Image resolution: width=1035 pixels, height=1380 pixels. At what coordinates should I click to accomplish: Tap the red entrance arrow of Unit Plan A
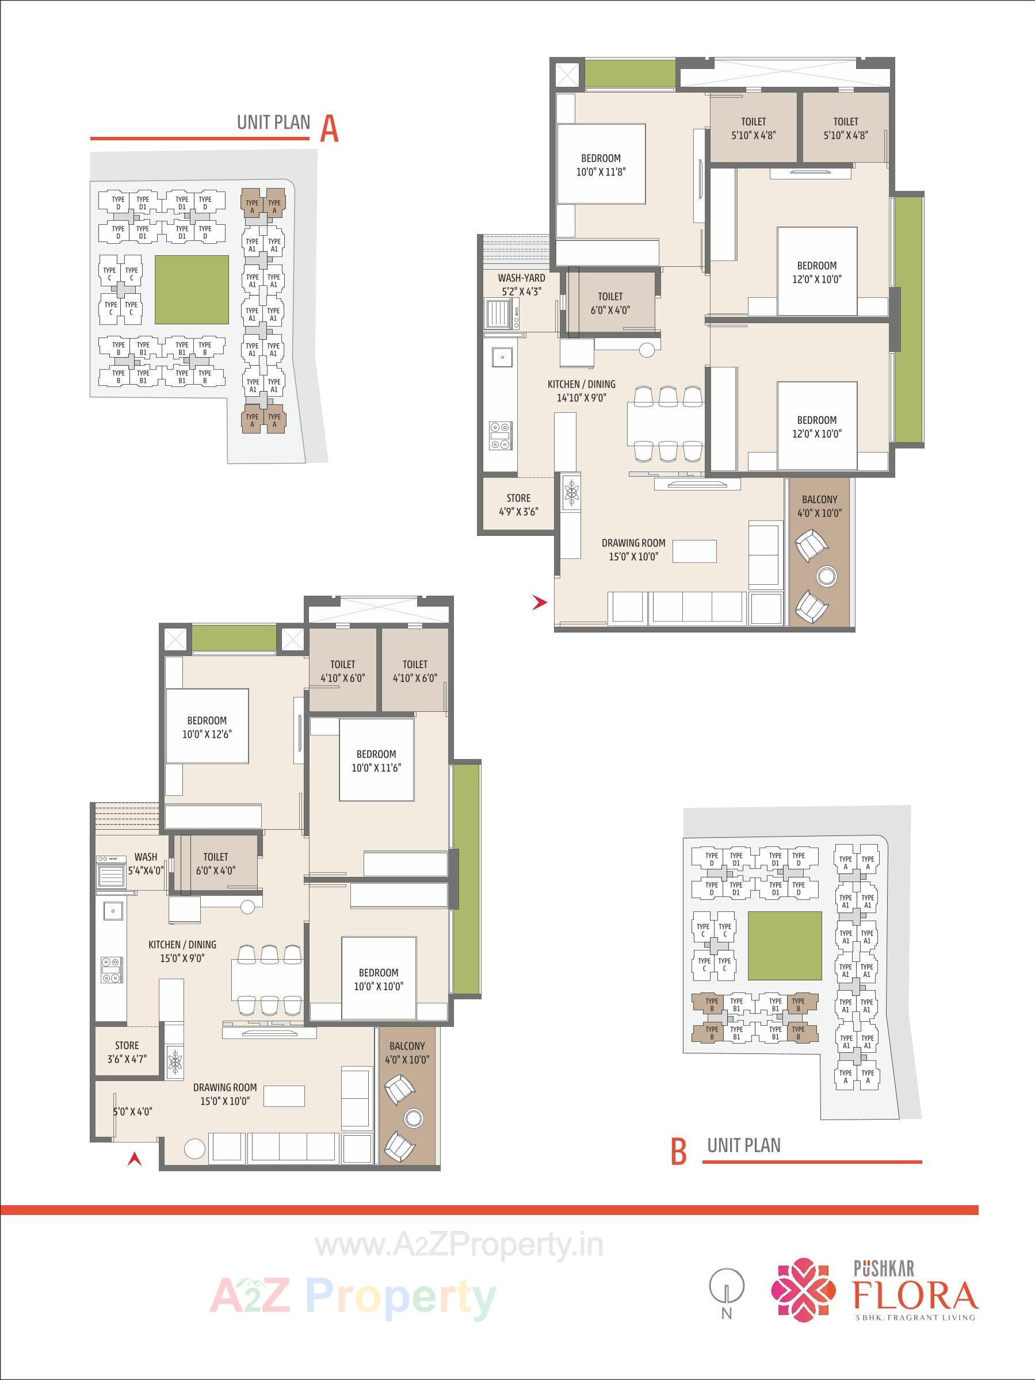pos(539,603)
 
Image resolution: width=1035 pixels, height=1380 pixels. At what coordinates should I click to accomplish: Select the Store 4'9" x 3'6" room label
pos(518,504)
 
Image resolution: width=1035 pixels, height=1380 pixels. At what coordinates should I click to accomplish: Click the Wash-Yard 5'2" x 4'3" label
pos(521,285)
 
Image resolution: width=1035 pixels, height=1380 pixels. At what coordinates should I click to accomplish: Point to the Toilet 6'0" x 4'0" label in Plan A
pos(610,302)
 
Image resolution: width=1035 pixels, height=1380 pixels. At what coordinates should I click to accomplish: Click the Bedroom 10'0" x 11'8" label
pos(601,164)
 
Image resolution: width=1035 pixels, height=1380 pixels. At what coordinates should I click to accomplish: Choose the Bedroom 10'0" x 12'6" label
pos(207,727)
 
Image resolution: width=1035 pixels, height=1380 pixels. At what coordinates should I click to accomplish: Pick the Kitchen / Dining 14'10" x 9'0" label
pos(581,390)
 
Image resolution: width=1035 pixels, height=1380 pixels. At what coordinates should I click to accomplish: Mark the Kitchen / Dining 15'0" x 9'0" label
pos(182,952)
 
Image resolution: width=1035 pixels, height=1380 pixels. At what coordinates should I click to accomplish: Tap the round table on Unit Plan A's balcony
pos(826,575)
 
